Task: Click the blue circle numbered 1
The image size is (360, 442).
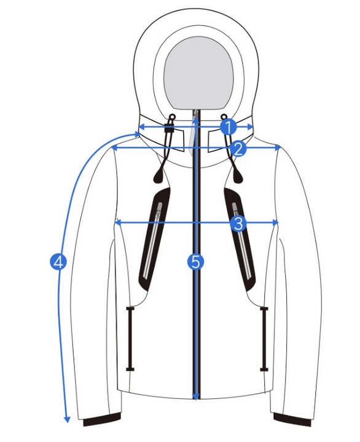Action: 228,127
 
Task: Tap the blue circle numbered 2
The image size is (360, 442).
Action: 238,149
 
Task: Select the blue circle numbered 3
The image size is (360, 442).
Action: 238,224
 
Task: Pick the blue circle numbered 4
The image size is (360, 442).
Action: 58,262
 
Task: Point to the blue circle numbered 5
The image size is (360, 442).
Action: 195,262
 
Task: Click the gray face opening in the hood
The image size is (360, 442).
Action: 198,73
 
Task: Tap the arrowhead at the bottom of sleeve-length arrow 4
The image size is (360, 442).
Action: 67,419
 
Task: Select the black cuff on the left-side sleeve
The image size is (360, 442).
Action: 102,419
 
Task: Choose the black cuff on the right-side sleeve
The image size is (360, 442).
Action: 292,419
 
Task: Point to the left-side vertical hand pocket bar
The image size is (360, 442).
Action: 130,339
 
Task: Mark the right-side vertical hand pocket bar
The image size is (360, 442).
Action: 264,339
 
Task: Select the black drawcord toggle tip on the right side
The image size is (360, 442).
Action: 238,175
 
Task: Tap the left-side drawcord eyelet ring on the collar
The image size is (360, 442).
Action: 171,116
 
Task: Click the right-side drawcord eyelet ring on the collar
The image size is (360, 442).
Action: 224,116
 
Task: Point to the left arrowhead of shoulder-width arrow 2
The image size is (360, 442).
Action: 114,148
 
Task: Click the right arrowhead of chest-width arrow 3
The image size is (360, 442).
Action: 276,223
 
